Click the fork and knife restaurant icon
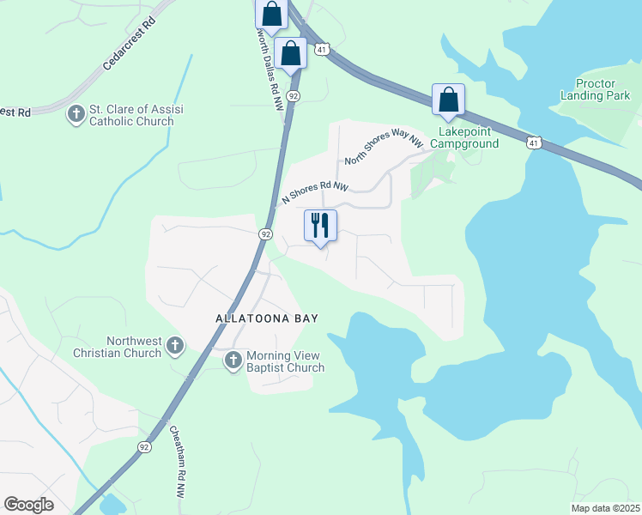coord(320,226)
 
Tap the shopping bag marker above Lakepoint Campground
coord(448,100)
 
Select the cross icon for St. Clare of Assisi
coord(76,113)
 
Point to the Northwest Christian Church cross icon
coord(174,346)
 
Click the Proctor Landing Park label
coord(595,90)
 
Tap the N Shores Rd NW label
coord(315,192)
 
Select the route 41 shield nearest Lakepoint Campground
coord(534,143)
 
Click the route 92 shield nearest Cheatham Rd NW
coord(143,446)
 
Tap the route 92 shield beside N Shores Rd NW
coord(265,233)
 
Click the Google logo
coord(28,505)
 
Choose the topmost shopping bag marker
coord(270,15)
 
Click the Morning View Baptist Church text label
coord(285,361)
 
